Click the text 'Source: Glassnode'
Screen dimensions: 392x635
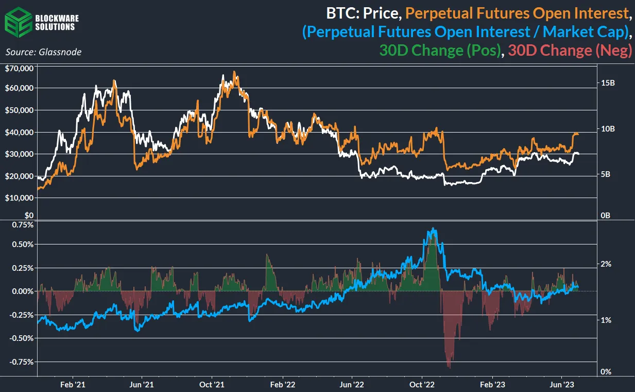(x=43, y=52)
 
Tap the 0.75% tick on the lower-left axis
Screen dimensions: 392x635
(x=22, y=225)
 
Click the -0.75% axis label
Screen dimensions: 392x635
(x=21, y=362)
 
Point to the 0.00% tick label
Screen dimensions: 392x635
(x=22, y=291)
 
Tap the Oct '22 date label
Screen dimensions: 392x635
(x=422, y=385)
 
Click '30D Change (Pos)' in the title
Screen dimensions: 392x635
(x=440, y=51)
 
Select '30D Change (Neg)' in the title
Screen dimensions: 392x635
(x=570, y=51)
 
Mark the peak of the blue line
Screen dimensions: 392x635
(x=434, y=228)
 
